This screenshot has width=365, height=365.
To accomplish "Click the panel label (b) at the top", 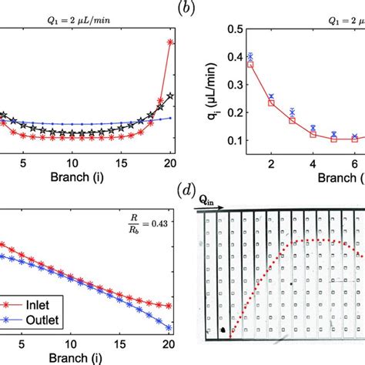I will tap(182, 8).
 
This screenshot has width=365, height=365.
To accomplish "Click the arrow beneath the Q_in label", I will tap(209, 206).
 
